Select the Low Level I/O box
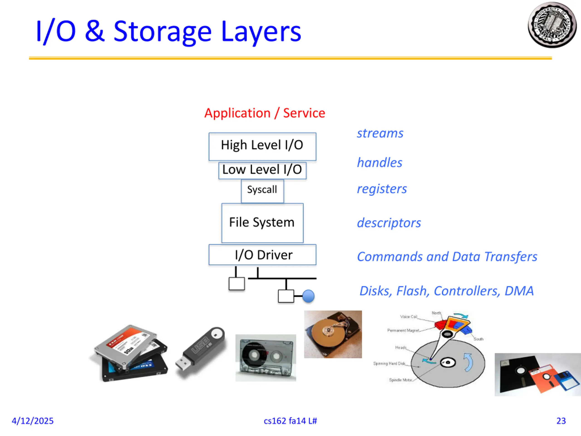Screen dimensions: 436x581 pos(262,170)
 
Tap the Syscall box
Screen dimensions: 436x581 pos(262,190)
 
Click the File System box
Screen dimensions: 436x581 pos(262,223)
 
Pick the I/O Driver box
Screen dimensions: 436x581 pos(262,255)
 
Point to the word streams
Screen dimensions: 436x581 pos(380,134)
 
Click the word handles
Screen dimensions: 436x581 pos(379,163)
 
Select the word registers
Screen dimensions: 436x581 pos(382,189)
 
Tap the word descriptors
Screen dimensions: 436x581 pos(389,223)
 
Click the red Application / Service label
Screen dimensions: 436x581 pos(264,113)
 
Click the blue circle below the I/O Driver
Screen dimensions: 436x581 pos(308,296)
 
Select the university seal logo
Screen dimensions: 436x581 pos(552,25)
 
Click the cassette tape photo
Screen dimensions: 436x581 pos(266,358)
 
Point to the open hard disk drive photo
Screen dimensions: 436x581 pos(333,334)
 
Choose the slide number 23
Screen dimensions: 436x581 pos(561,421)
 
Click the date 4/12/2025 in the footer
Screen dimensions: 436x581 pos(33,421)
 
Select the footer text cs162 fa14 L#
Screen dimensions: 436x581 pos(290,421)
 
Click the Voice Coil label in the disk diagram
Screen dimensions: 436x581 pos(409,317)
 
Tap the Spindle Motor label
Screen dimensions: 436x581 pos(400,380)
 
